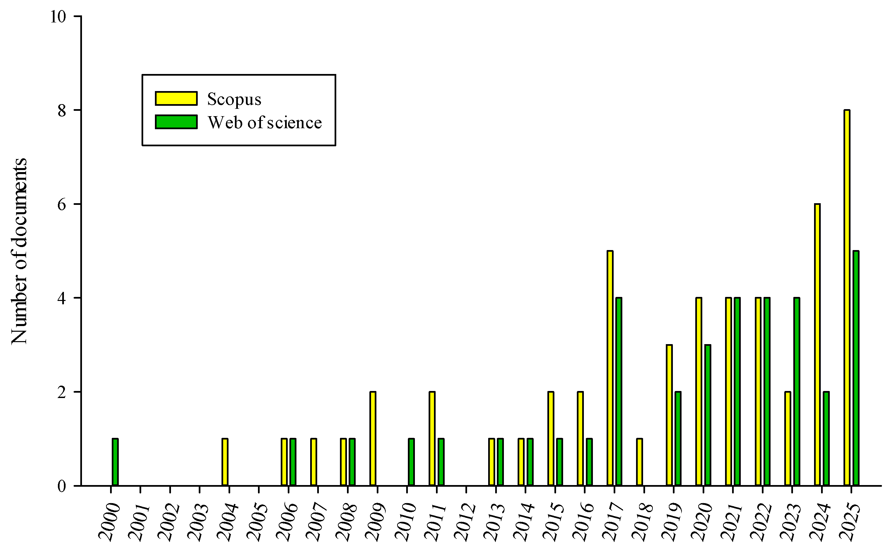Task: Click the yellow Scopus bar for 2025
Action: coord(847,298)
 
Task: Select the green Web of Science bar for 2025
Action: coord(856,368)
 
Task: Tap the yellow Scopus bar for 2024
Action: coord(817,345)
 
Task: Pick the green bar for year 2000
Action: coord(115,462)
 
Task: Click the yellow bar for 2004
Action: coord(225,462)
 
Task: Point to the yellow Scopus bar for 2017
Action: coord(610,368)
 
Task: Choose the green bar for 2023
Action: coord(797,392)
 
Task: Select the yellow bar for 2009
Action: coord(373,439)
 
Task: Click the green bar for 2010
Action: coord(411,462)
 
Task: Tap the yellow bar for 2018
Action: coord(639,462)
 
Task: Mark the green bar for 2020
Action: coord(708,415)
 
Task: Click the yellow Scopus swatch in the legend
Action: coord(176,98)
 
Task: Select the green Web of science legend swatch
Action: coord(176,122)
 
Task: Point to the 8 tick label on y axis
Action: coord(62,110)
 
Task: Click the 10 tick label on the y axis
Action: coord(58,16)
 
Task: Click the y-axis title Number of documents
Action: coord(19,251)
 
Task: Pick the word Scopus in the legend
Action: coord(234,99)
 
